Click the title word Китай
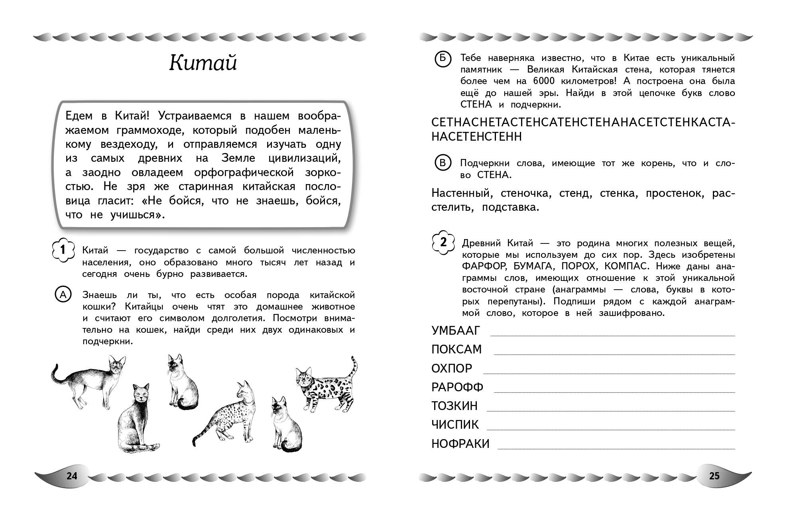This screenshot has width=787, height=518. click(x=203, y=63)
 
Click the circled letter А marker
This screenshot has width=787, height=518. click(x=63, y=295)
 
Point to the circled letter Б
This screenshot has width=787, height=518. click(x=443, y=59)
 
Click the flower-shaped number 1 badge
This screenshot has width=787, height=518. click(x=63, y=250)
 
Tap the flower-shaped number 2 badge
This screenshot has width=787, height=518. click(x=443, y=242)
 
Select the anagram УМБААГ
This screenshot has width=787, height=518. click(x=456, y=331)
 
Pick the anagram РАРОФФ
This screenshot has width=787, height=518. click(x=457, y=387)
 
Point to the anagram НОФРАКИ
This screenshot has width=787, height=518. click(x=460, y=443)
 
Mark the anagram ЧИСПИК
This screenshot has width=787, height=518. click(x=455, y=425)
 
